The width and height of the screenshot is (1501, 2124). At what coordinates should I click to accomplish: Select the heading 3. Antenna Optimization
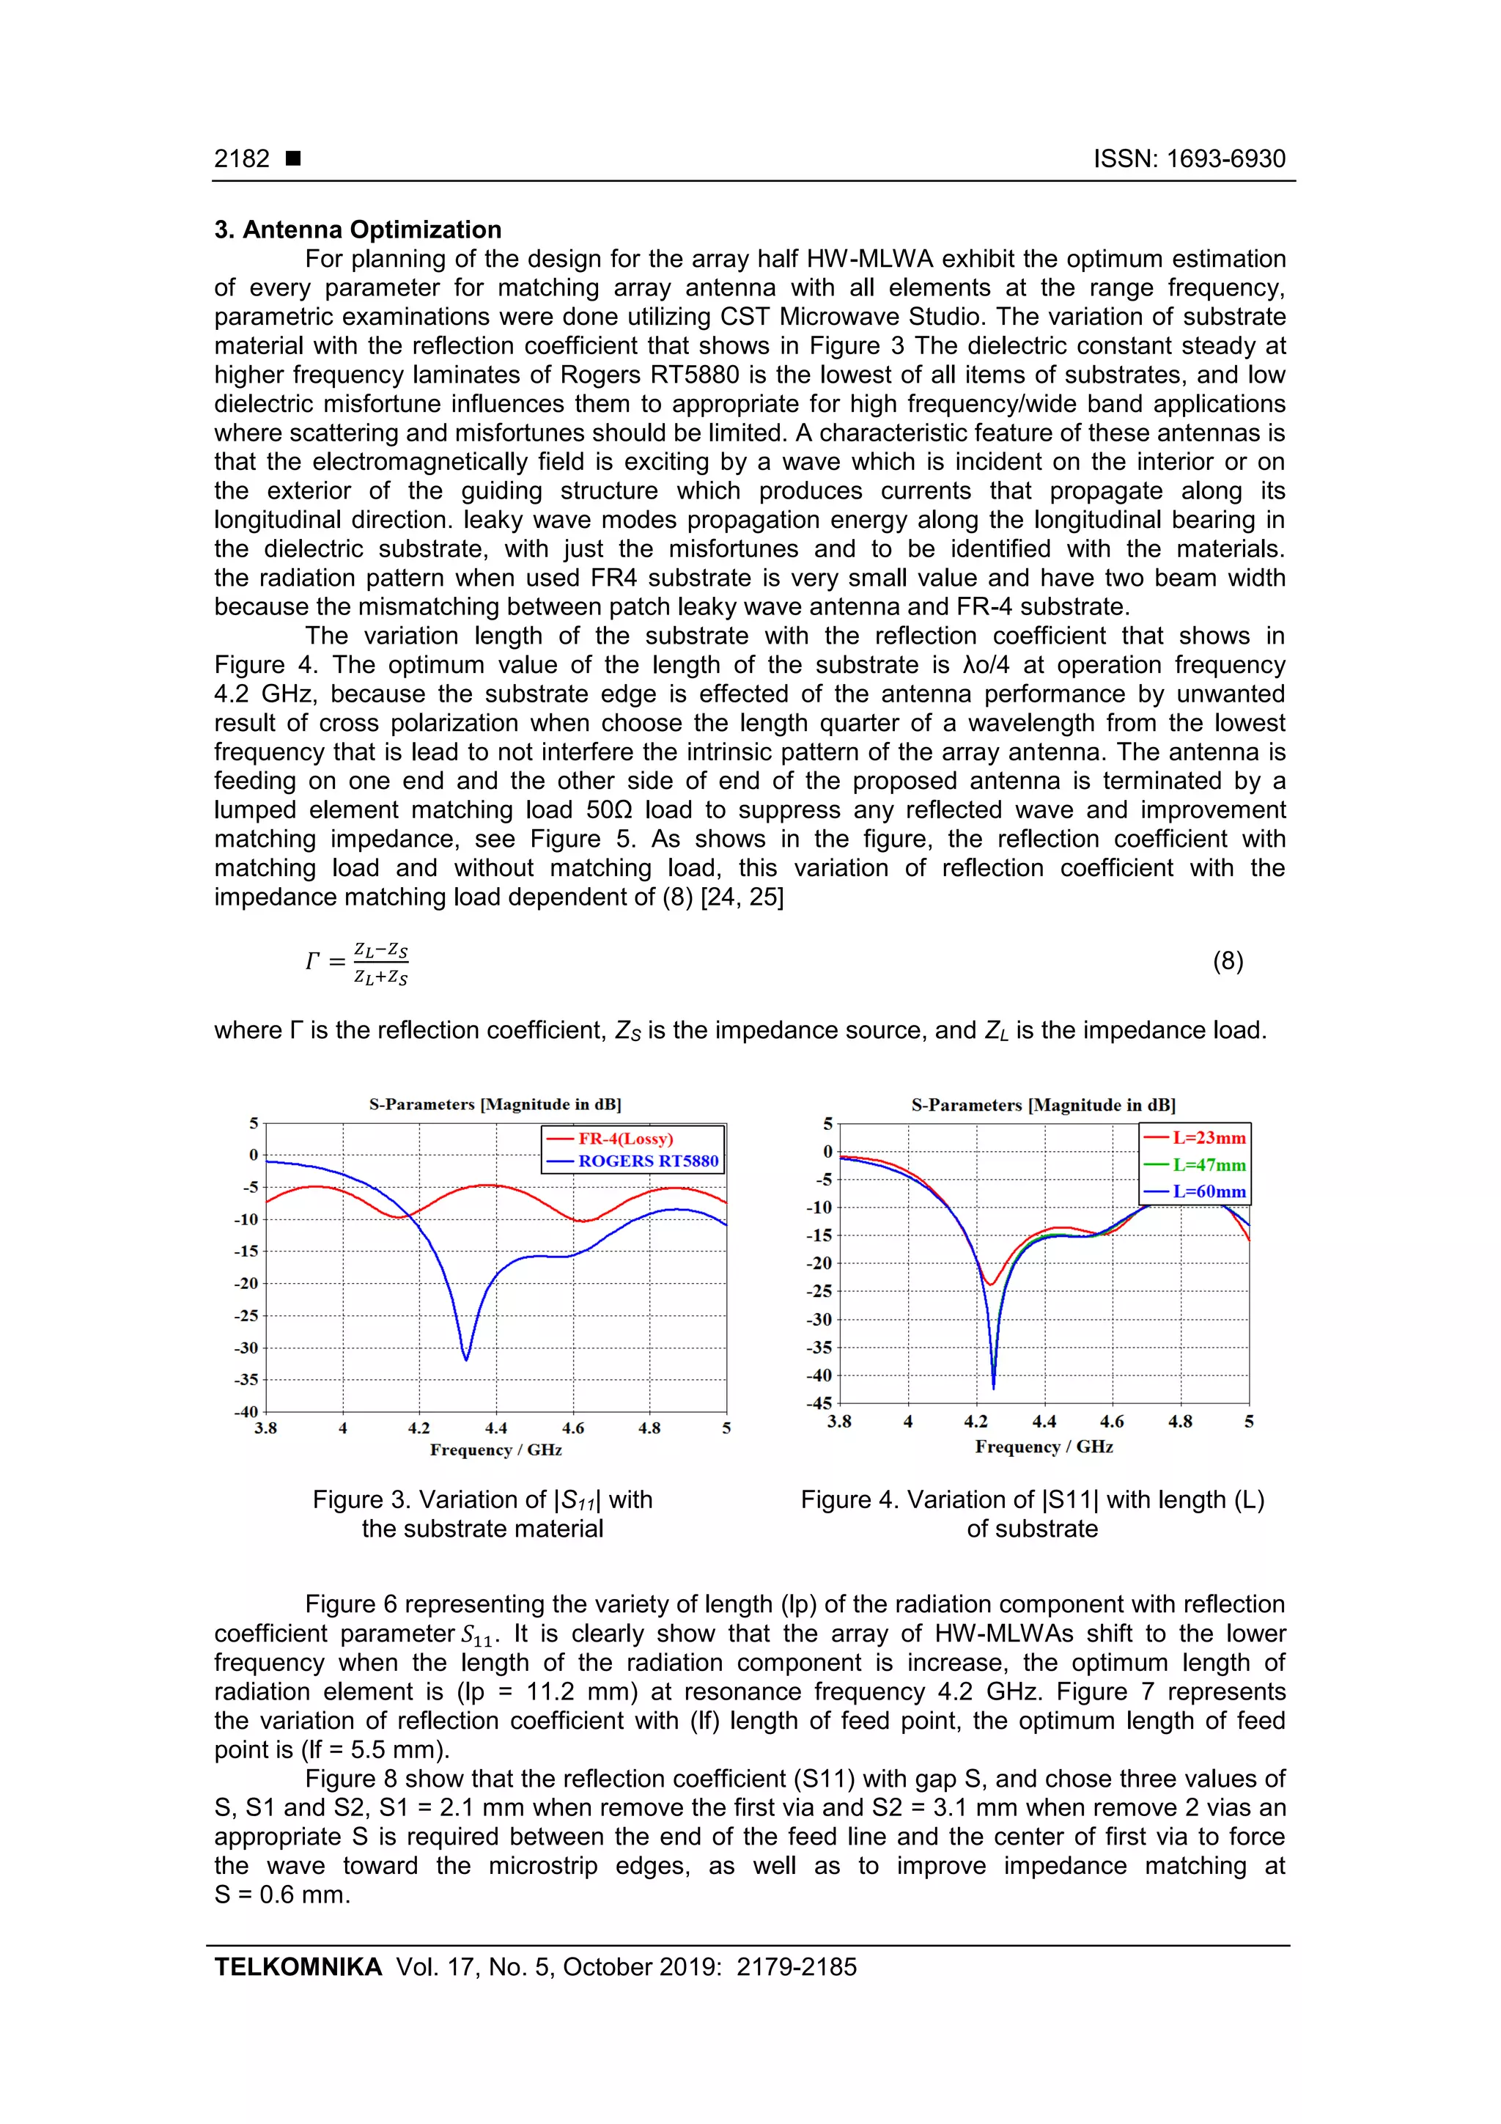click(x=358, y=229)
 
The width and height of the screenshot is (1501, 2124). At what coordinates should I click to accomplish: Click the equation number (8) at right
click(x=1227, y=961)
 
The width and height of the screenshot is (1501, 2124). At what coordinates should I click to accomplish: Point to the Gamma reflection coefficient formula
click(x=358, y=963)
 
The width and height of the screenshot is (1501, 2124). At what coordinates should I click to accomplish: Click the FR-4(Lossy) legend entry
click(x=625, y=1139)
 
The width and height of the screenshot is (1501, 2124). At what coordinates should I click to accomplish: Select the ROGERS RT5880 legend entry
click(x=647, y=1161)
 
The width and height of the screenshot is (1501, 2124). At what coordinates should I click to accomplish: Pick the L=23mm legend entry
click(x=1208, y=1138)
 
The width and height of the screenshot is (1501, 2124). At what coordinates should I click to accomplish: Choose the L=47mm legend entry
click(x=1208, y=1165)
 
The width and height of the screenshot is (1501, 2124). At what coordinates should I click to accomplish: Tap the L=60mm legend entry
click(x=1208, y=1191)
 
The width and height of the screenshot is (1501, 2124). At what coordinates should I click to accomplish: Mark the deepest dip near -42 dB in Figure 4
click(x=993, y=1386)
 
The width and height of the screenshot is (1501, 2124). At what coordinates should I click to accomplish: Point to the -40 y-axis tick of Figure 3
click(x=246, y=1411)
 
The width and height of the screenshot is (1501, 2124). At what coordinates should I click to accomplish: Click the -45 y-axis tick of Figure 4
click(x=819, y=1403)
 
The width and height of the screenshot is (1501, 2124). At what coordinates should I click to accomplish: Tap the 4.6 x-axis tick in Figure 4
click(x=1112, y=1422)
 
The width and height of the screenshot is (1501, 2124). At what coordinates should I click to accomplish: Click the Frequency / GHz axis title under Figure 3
click(x=495, y=1449)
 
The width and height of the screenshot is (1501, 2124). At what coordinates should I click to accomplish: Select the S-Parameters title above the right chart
click(x=1043, y=1105)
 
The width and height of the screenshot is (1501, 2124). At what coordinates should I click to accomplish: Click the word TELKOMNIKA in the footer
click(x=298, y=1967)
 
